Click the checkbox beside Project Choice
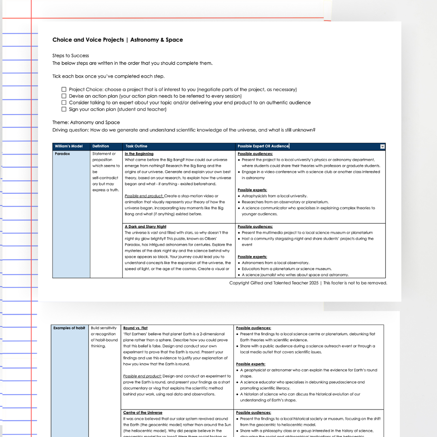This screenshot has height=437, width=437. [x=64, y=89]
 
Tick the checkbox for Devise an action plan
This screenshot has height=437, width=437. [x=64, y=96]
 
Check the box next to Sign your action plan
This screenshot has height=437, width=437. [x=64, y=109]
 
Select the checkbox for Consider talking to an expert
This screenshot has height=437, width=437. [x=64, y=103]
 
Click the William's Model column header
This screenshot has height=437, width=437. [x=69, y=146]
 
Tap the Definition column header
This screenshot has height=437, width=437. [x=101, y=146]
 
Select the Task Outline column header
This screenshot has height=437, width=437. [x=136, y=146]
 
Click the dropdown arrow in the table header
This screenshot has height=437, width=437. [x=382, y=146]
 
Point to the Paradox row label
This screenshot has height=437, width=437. [x=62, y=154]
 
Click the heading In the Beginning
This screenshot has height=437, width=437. [x=139, y=154]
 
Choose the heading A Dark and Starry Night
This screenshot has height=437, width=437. [x=145, y=227]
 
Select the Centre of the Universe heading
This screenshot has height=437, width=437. [x=143, y=413]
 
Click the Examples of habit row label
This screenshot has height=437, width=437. [x=69, y=328]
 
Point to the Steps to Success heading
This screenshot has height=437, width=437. [x=70, y=56]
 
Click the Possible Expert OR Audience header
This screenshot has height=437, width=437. [x=263, y=146]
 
